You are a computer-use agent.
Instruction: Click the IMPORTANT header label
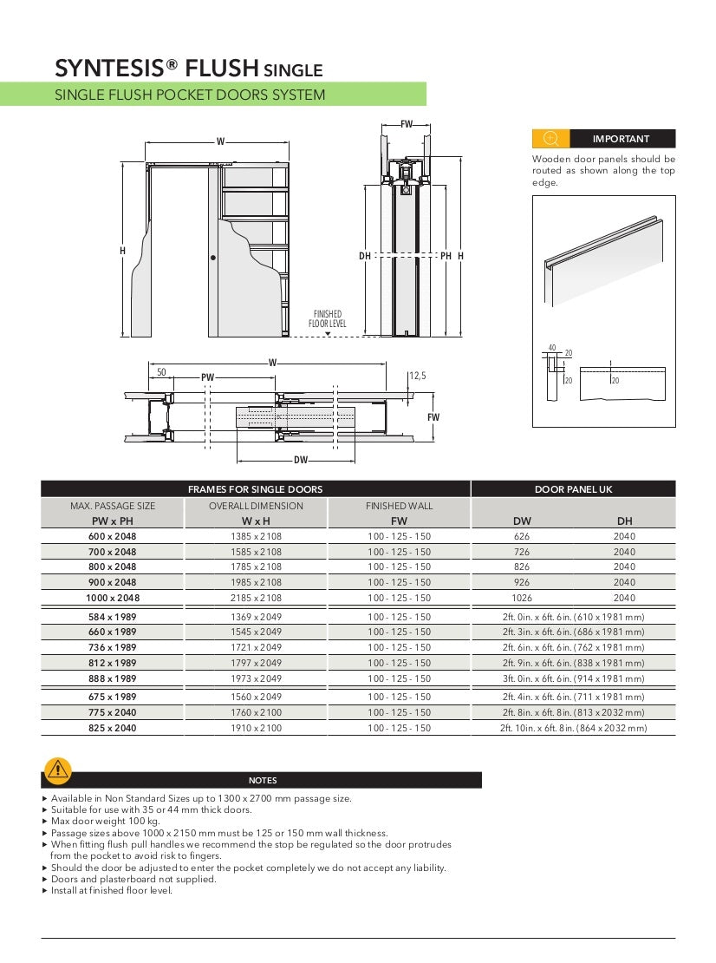pos(621,139)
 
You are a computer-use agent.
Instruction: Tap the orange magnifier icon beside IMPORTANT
pos(550,139)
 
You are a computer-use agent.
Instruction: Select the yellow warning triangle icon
pos(58,769)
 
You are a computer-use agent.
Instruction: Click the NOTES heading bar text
pos(263,780)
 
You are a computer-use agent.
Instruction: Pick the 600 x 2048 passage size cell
pos(113,537)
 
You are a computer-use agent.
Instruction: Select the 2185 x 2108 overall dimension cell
pos(256,598)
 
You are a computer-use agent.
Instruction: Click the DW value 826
pos(522,567)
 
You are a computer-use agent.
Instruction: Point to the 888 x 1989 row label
pos(113,678)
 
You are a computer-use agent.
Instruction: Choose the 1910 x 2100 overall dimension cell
pos(256,728)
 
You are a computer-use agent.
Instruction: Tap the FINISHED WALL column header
pos(399,506)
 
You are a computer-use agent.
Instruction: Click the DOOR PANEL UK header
pos(573,489)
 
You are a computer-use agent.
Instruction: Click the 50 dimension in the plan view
pos(161,371)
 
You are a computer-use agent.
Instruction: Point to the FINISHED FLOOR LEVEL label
pos(328,318)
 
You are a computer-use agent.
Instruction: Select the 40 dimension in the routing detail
pos(552,347)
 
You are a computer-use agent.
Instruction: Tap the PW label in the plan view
pos(207,377)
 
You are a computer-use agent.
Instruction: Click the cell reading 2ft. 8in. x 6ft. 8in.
pos(573,712)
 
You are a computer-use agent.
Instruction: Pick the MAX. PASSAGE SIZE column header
pos(113,506)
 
